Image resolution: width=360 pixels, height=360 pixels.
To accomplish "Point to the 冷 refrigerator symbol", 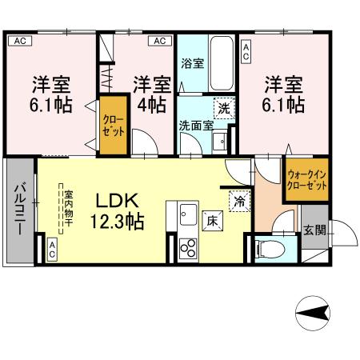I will pos(238,202).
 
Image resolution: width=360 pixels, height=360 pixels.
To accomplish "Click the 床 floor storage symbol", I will pos(212,219).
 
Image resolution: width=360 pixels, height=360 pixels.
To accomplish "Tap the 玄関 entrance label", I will pos(314,230).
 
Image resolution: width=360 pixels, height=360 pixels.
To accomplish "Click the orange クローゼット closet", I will pos(111,126).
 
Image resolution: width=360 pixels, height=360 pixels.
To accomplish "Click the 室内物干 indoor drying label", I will pos(69,210).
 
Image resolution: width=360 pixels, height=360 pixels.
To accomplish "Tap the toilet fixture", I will pos(270,250).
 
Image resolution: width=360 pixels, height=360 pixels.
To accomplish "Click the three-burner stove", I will pos(189,248).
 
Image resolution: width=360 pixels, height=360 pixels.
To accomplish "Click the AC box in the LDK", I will pos(52,249).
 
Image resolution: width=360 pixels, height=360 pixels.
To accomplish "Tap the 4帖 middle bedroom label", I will pos(152,94).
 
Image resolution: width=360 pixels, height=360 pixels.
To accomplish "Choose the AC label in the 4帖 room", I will pos(158,41).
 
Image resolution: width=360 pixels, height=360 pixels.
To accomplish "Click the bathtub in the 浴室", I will pos(221,62).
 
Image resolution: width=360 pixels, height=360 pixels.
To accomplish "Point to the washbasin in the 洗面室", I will pos(221,142).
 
